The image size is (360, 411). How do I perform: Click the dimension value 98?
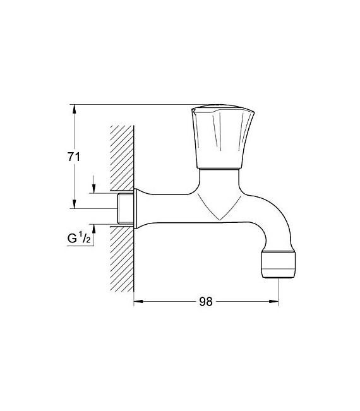[206, 302]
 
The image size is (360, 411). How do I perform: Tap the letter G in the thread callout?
[73, 239]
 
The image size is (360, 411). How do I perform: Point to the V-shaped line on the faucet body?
[218, 208]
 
